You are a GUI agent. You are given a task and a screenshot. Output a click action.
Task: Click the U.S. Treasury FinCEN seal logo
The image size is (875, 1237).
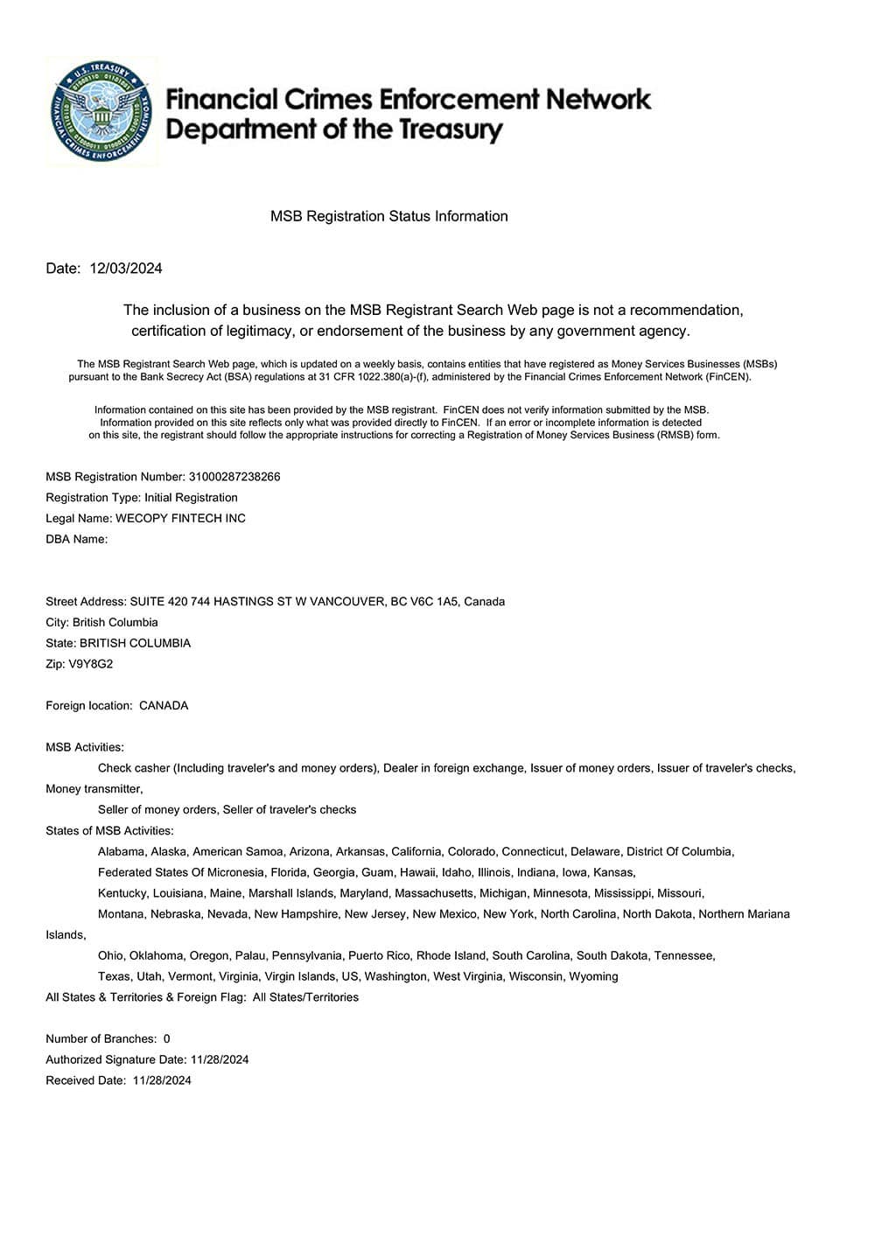coord(102,113)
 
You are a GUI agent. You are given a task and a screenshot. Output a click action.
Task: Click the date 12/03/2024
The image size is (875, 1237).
coord(126,269)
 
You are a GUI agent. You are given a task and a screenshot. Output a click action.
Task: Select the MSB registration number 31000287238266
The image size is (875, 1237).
coord(234,477)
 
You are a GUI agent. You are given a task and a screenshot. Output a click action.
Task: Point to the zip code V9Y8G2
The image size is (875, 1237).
coord(91,664)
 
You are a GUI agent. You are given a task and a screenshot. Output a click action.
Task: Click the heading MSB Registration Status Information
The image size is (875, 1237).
coord(388,216)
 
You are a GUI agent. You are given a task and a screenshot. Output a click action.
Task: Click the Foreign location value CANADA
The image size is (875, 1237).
coord(164,706)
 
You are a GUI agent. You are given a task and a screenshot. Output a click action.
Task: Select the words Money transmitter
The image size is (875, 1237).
coord(94,789)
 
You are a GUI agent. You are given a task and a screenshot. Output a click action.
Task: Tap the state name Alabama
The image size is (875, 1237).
coord(121,852)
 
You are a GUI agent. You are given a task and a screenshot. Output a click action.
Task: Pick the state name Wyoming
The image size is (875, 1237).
coord(593,977)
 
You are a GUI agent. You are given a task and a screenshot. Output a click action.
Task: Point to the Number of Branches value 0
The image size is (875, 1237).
coord(167,1039)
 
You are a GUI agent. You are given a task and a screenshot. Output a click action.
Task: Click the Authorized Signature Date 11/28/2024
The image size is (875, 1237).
coord(220,1060)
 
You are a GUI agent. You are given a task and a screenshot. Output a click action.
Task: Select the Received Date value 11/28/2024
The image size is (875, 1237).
coord(162,1081)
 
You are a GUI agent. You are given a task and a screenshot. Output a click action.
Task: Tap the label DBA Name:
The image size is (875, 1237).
coord(77,540)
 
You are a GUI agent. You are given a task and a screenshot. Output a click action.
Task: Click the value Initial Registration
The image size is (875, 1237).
coord(191,498)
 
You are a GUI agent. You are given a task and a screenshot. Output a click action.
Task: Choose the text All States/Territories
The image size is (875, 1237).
coord(305,998)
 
